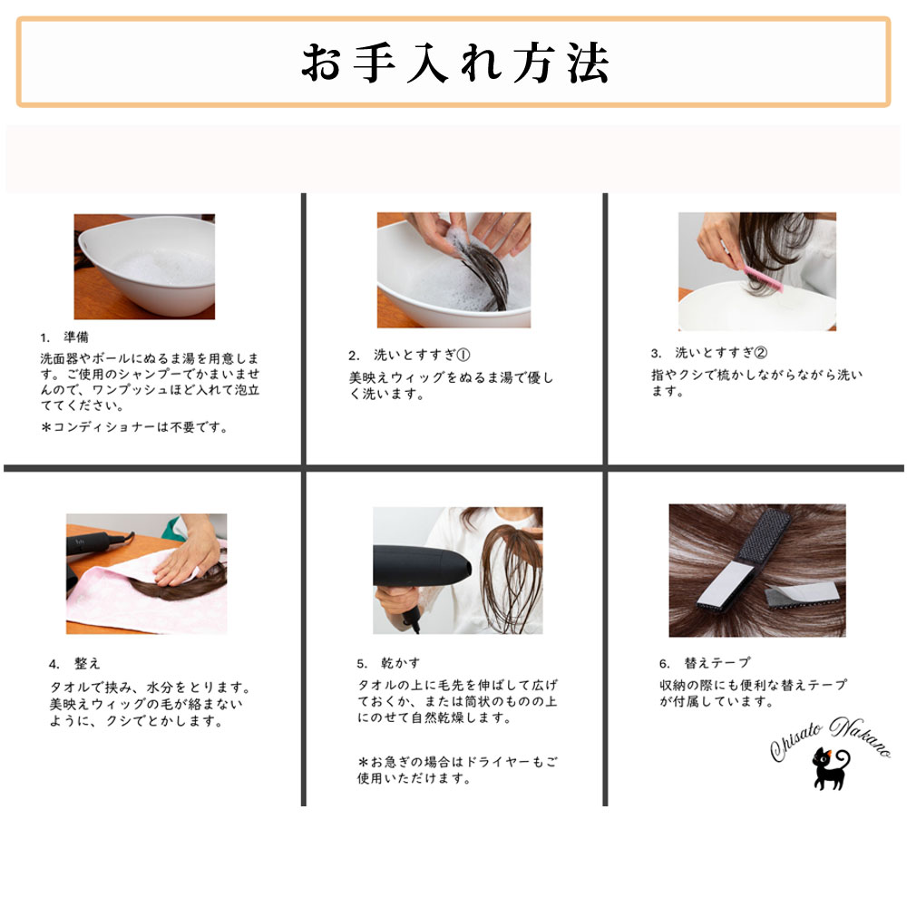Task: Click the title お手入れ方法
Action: [454, 63]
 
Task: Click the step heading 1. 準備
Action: [64, 337]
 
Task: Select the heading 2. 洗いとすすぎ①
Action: [410, 355]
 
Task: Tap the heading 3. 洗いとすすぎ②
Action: [708, 352]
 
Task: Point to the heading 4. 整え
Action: [74, 664]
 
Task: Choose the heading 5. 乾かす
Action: [388, 663]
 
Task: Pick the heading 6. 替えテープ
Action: [705, 662]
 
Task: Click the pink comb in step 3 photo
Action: [763, 278]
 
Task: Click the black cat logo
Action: [831, 769]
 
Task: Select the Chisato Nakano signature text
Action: [830, 736]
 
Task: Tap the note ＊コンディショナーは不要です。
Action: [135, 427]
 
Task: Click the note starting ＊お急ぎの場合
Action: [457, 770]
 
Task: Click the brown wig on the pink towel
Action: [180, 583]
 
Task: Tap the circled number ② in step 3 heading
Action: [761, 352]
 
